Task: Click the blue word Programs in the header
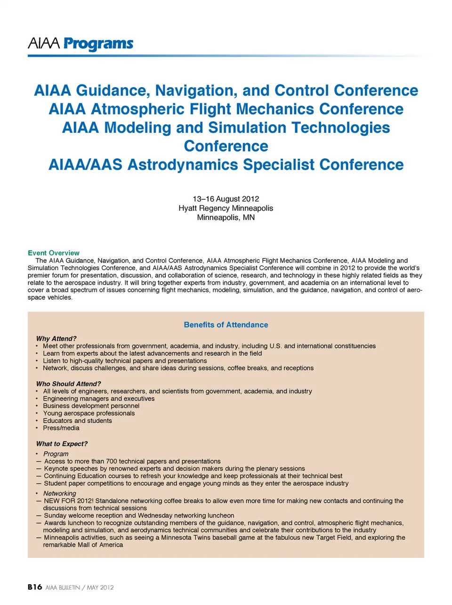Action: point(98,44)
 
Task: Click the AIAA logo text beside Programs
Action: point(44,44)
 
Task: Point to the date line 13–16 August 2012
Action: point(226,199)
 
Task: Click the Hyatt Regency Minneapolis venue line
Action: point(226,208)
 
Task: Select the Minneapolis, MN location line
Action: point(226,217)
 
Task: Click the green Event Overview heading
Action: point(54,253)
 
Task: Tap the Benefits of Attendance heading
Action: point(226,325)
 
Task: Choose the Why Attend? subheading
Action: point(56,338)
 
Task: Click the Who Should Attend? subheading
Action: point(68,384)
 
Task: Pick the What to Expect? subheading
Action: point(62,444)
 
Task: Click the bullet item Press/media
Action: point(61,428)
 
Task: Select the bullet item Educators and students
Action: point(77,421)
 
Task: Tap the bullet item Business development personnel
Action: point(91,406)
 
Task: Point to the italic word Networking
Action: point(59,493)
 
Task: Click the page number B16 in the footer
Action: point(35,587)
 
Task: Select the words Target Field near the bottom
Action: point(333,538)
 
